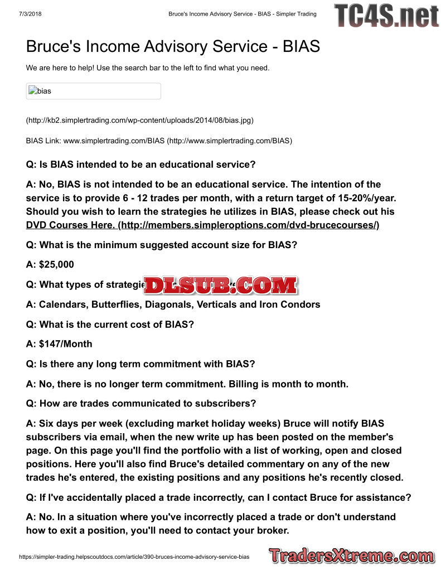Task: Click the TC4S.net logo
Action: [x=386, y=16]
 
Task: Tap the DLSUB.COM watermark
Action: [x=220, y=285]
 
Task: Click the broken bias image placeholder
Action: [x=93, y=91]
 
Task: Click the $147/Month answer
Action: [x=66, y=344]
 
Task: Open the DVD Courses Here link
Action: [x=202, y=225]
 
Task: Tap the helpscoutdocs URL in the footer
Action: [x=134, y=557]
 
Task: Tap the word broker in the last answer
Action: [x=272, y=530]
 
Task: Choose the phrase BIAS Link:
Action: [x=43, y=141]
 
